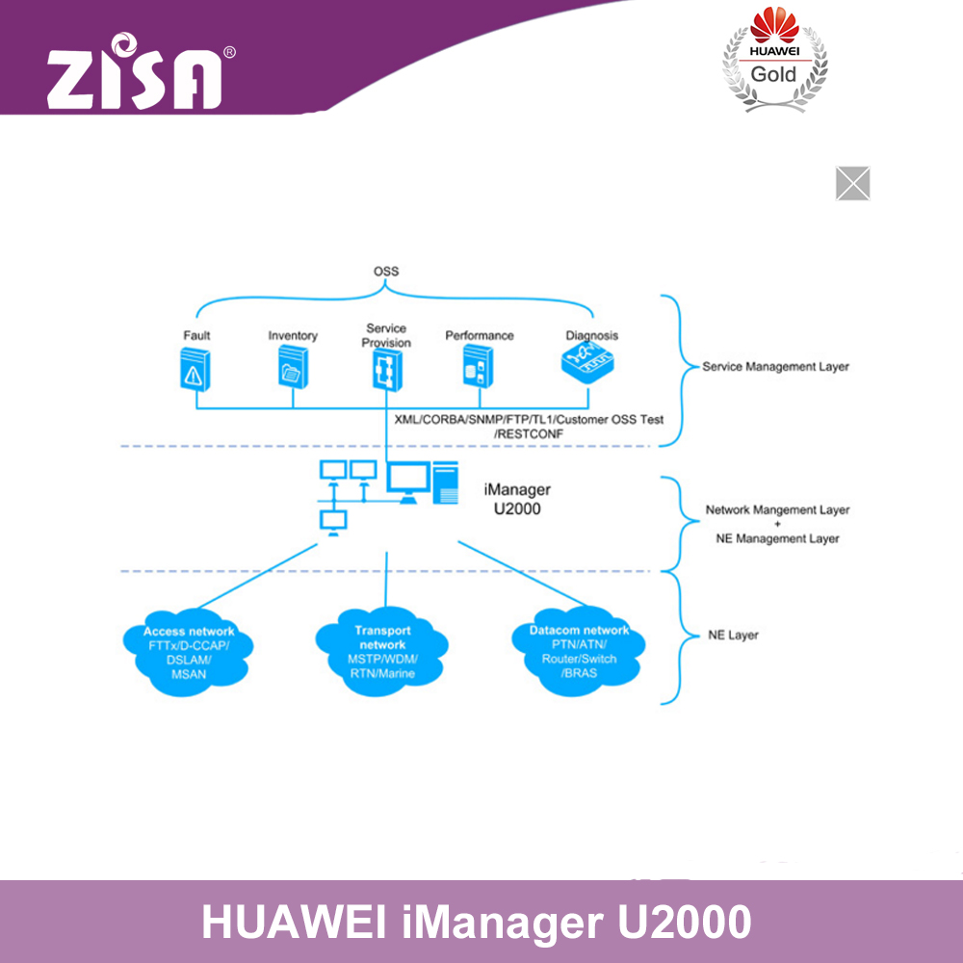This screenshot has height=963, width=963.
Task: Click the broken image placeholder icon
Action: pyautogui.click(x=852, y=183)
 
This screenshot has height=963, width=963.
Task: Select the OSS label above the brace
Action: pyautogui.click(x=386, y=272)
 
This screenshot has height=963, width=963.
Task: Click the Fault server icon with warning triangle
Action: pyautogui.click(x=196, y=369)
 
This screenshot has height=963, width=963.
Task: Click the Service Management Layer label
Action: pyautogui.click(x=775, y=367)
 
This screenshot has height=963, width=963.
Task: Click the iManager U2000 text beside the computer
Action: pyautogui.click(x=516, y=500)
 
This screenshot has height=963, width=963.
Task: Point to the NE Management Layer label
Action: pyautogui.click(x=777, y=538)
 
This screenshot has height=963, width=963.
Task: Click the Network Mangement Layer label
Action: pyautogui.click(x=777, y=510)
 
